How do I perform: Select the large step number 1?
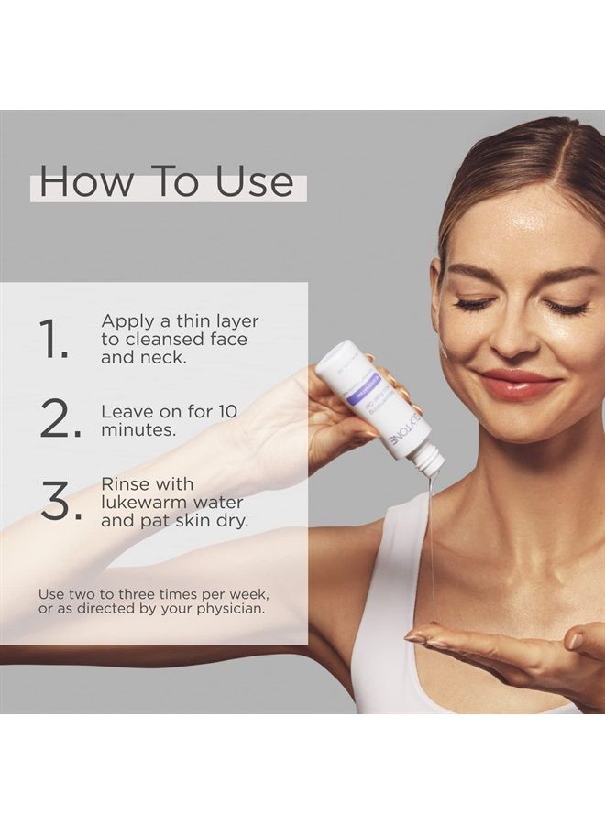[54, 340]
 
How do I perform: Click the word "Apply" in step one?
[128, 322]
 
